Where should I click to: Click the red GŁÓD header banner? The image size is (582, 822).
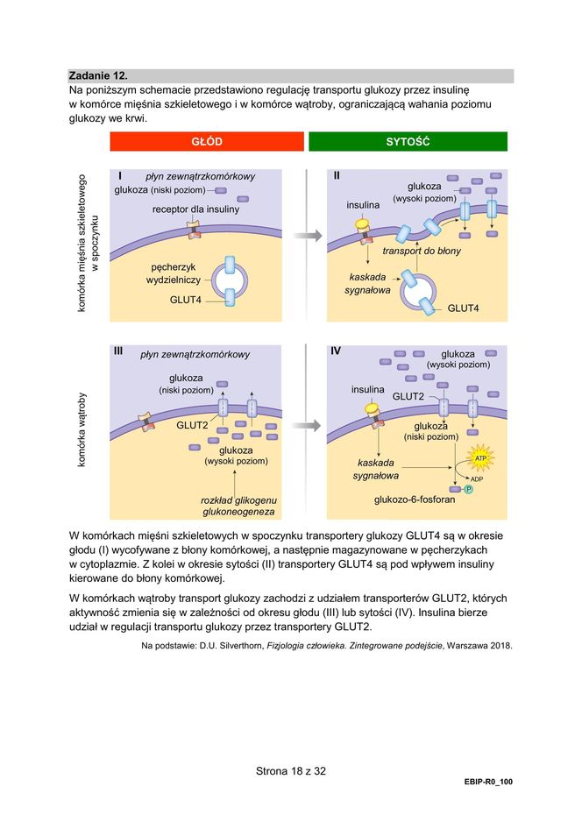(x=206, y=142)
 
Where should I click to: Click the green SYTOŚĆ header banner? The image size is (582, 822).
(x=408, y=142)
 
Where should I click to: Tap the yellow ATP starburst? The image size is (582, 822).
(x=479, y=458)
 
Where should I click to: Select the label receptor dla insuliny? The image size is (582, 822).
(x=195, y=209)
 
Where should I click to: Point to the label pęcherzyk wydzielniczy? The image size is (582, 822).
(x=174, y=273)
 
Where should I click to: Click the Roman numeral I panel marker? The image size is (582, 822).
(x=119, y=175)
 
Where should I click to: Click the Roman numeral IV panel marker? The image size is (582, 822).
(x=337, y=351)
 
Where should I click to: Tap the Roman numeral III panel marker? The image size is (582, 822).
(x=119, y=351)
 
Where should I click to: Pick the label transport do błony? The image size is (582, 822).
(x=422, y=251)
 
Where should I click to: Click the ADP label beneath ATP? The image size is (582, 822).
(x=477, y=479)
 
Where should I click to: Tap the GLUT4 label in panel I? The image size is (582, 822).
(x=186, y=300)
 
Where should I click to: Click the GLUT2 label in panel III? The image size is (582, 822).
(x=192, y=426)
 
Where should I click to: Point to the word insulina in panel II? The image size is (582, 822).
(x=363, y=205)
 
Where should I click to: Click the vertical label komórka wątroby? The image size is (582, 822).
(x=82, y=430)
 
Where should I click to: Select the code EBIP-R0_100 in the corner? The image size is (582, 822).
(x=488, y=781)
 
